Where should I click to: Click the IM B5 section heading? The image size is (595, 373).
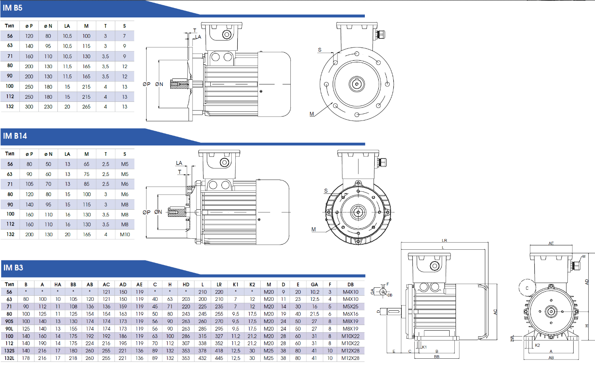[13, 8]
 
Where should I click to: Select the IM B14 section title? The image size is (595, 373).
[15, 136]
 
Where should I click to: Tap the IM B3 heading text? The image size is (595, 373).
[13, 268]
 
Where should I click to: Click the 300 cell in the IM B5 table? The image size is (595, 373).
[29, 107]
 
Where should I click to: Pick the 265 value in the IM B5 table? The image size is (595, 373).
[86, 107]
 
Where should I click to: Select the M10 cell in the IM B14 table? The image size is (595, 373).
[125, 234]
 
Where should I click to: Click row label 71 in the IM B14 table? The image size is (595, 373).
[10, 184]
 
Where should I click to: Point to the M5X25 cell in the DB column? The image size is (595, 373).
[351, 306]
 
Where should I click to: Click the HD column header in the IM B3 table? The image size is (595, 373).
[186, 285]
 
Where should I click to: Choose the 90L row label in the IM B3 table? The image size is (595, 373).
[9, 329]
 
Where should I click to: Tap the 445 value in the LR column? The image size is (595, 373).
[219, 358]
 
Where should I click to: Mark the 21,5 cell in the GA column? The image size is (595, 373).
[315, 314]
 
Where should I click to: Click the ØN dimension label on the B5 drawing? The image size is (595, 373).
[159, 84]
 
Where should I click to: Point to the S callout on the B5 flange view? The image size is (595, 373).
[320, 50]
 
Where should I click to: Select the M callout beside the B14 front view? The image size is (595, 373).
[314, 230]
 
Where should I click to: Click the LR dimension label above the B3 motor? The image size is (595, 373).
[444, 241]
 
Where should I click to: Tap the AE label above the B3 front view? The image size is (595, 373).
[551, 243]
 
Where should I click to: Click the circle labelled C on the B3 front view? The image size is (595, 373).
[527, 288]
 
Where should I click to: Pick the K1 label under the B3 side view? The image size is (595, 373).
[424, 347]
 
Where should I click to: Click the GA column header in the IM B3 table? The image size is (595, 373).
[315, 285]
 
